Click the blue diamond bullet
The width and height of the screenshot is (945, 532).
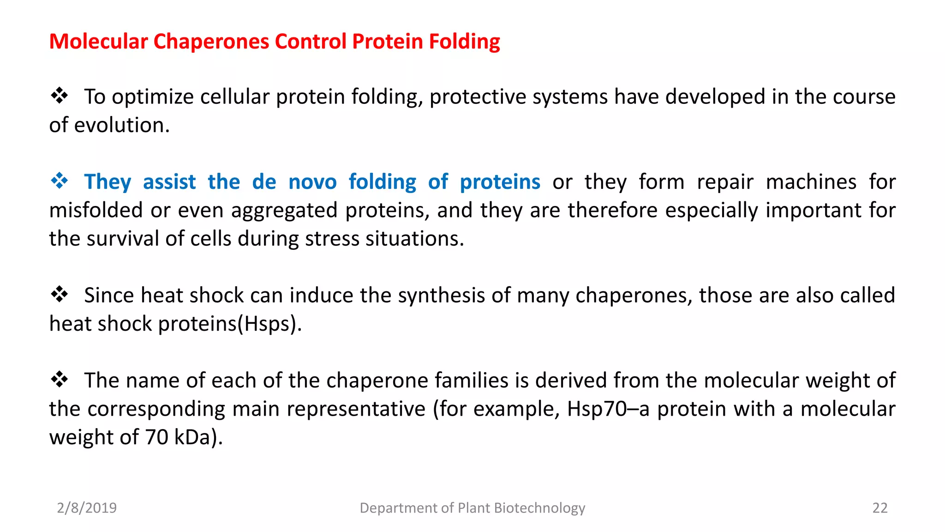point(59,181)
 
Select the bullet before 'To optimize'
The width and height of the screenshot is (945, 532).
point(59,96)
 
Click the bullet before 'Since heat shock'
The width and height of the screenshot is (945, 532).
point(59,294)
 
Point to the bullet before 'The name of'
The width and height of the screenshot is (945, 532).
point(59,380)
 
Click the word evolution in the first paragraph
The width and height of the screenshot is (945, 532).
point(122,126)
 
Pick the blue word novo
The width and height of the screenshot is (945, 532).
point(312,182)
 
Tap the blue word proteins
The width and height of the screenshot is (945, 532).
point(500,182)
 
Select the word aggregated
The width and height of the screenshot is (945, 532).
point(284,211)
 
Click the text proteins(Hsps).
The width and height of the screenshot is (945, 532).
point(230,324)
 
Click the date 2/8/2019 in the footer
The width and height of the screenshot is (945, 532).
point(87,508)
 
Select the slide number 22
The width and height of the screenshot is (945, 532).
point(879,508)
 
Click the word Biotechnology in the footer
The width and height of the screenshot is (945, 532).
point(539,508)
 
